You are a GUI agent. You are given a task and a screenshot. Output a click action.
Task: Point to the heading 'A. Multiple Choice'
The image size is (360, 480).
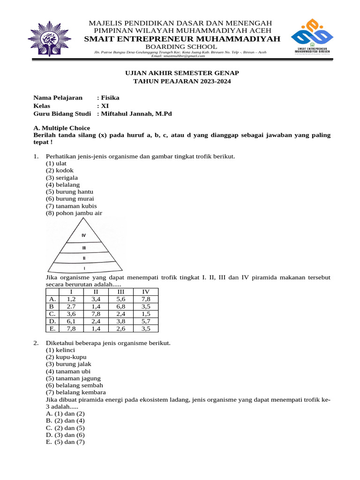tap(62, 127)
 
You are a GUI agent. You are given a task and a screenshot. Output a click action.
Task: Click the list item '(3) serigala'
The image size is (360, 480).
tap(62, 178)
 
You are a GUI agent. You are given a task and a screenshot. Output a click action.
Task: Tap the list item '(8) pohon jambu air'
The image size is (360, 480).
tap(74, 213)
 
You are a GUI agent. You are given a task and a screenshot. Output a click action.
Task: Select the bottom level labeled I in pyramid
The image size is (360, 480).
tap(84, 269)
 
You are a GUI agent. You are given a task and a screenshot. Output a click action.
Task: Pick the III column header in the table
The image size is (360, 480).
tap(120, 292)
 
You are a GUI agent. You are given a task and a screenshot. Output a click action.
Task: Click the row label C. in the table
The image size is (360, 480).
tap(52, 314)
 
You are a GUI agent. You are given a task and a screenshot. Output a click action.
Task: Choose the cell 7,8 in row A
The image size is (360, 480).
tap(146, 299)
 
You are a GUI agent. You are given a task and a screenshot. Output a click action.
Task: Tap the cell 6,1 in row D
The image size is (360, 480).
tap(71, 321)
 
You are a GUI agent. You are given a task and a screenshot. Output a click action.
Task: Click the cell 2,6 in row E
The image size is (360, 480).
tap(120, 329)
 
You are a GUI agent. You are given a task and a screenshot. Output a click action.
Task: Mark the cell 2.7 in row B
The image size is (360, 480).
tap(71, 307)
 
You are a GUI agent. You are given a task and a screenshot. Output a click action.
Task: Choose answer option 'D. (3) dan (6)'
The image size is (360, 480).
tap(65, 435)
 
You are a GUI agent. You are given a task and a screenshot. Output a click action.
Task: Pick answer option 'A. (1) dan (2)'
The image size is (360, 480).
tap(65, 413)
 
